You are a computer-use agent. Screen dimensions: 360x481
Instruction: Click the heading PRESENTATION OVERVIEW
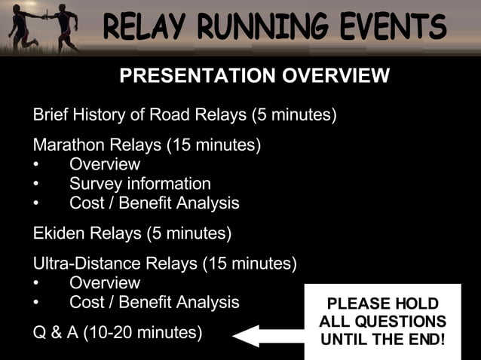254,76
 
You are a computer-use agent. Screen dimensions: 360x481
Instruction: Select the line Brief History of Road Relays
184,115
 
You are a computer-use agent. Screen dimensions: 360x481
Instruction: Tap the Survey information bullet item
139,184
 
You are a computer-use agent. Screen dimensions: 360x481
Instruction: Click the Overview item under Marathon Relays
104,164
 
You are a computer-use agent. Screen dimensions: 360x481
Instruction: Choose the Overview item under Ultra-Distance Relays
104,283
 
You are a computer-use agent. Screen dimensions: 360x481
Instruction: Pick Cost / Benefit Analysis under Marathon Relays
154,203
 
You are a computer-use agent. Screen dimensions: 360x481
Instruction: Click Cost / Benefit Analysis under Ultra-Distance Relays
154,303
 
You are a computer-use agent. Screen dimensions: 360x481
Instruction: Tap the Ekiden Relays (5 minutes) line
132,233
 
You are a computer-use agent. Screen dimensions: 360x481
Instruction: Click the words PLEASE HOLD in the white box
382,304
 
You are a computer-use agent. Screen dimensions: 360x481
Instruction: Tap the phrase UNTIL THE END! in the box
382,340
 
